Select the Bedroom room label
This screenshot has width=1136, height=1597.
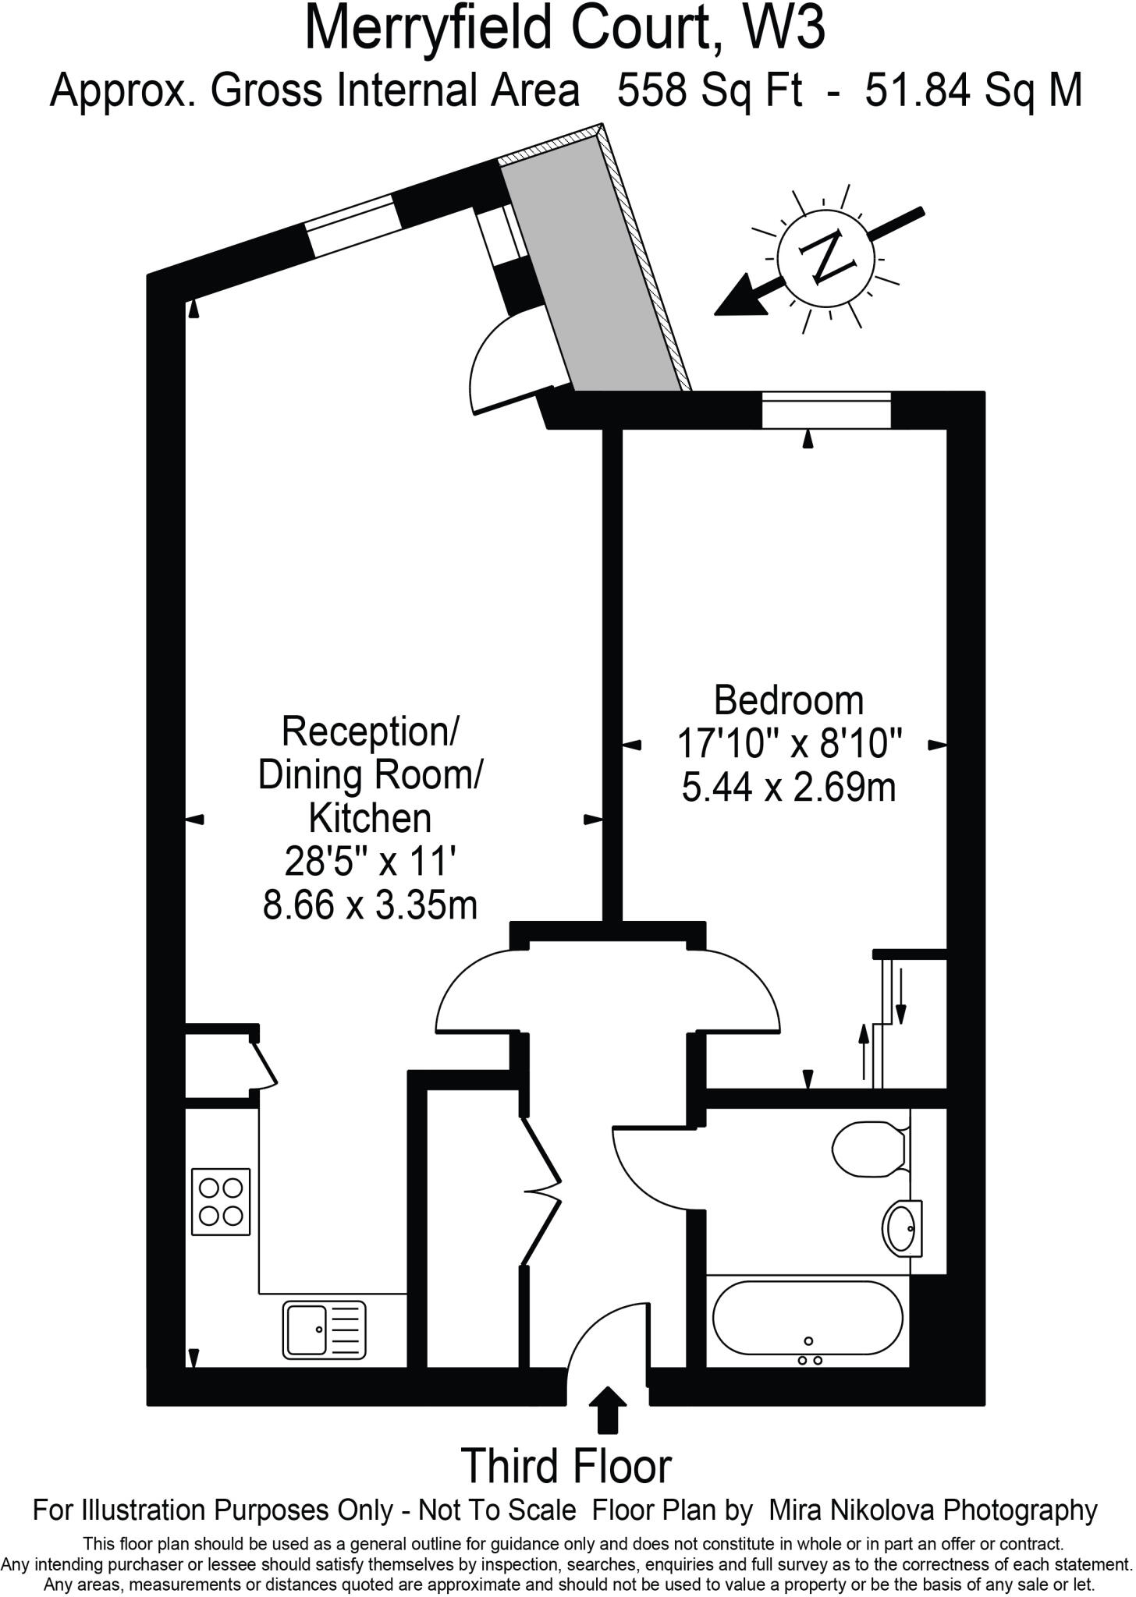789,700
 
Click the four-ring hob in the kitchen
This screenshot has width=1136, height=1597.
221,1201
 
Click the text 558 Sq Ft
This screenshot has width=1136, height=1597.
709,90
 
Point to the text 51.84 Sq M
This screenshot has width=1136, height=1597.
974,90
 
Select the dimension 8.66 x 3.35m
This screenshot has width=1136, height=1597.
370,905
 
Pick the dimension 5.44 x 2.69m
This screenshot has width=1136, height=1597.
789,788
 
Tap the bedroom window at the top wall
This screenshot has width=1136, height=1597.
825,411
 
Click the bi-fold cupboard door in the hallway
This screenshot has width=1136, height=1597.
542,1191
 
